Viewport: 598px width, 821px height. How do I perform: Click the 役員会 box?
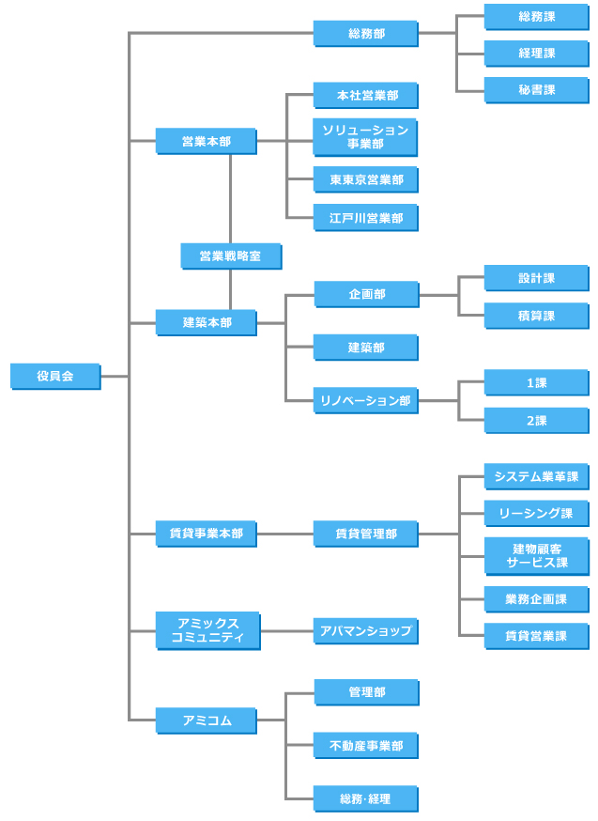click(55, 376)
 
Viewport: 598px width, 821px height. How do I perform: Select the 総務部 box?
click(365, 34)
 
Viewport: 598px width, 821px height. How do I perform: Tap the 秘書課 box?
click(536, 90)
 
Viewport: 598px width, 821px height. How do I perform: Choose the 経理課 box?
click(536, 54)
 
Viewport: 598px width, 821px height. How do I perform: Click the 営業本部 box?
click(207, 142)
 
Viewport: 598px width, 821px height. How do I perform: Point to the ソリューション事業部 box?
click(365, 137)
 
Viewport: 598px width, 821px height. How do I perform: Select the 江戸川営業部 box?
click(365, 218)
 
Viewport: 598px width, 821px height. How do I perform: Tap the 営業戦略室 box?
click(231, 256)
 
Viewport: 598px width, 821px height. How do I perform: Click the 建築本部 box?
click(207, 323)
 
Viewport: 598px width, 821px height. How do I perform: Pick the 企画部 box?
click(365, 295)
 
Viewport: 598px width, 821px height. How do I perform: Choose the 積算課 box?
click(536, 316)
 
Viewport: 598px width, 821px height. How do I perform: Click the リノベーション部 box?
click(365, 400)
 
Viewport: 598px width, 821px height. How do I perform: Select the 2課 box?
click(536, 421)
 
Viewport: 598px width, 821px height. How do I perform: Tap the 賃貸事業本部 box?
click(207, 534)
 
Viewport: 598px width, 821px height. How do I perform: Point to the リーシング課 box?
click(536, 513)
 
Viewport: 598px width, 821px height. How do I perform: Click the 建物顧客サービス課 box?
click(536, 556)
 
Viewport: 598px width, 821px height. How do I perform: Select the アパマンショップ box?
click(365, 631)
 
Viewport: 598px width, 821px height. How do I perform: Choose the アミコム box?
click(207, 720)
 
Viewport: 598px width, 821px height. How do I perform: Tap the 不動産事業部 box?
click(365, 747)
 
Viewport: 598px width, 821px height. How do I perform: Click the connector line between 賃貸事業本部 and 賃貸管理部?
click(284, 534)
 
